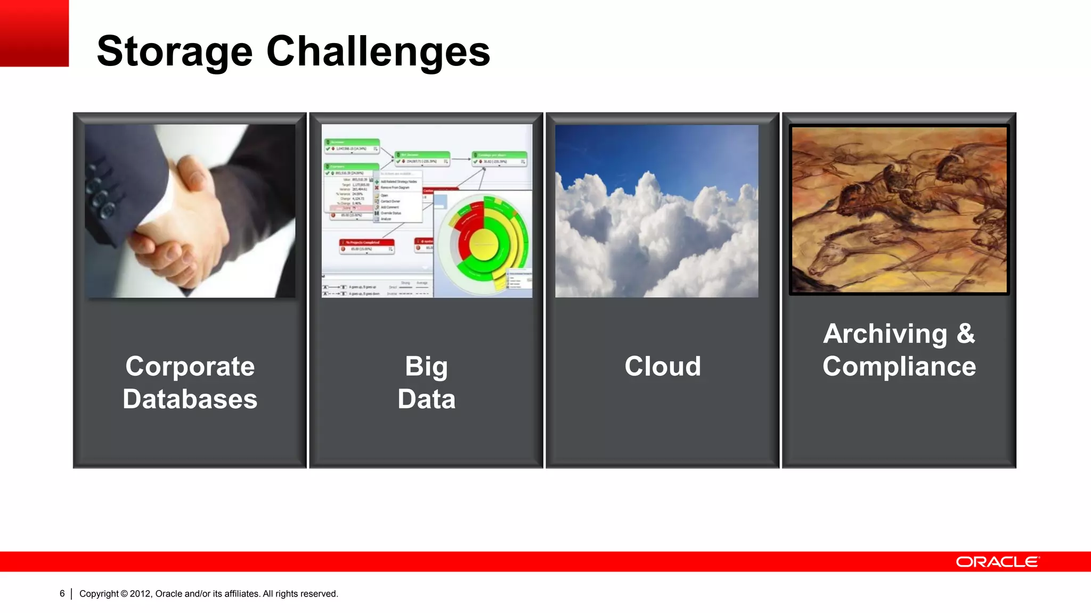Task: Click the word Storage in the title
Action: [174, 52]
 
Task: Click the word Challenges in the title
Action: [378, 52]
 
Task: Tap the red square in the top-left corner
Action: [34, 33]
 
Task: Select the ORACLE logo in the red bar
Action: [997, 562]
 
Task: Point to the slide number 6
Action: [62, 593]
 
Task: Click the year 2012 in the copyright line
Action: [141, 593]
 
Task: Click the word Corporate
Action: [190, 367]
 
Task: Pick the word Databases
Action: [190, 399]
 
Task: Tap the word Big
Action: [426, 367]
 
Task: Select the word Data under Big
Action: [426, 399]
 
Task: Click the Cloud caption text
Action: [663, 367]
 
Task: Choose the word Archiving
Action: [885, 334]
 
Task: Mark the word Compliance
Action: [899, 367]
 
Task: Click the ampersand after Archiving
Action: [965, 334]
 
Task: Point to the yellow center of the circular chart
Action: [484, 244]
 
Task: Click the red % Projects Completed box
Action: [367, 246]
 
